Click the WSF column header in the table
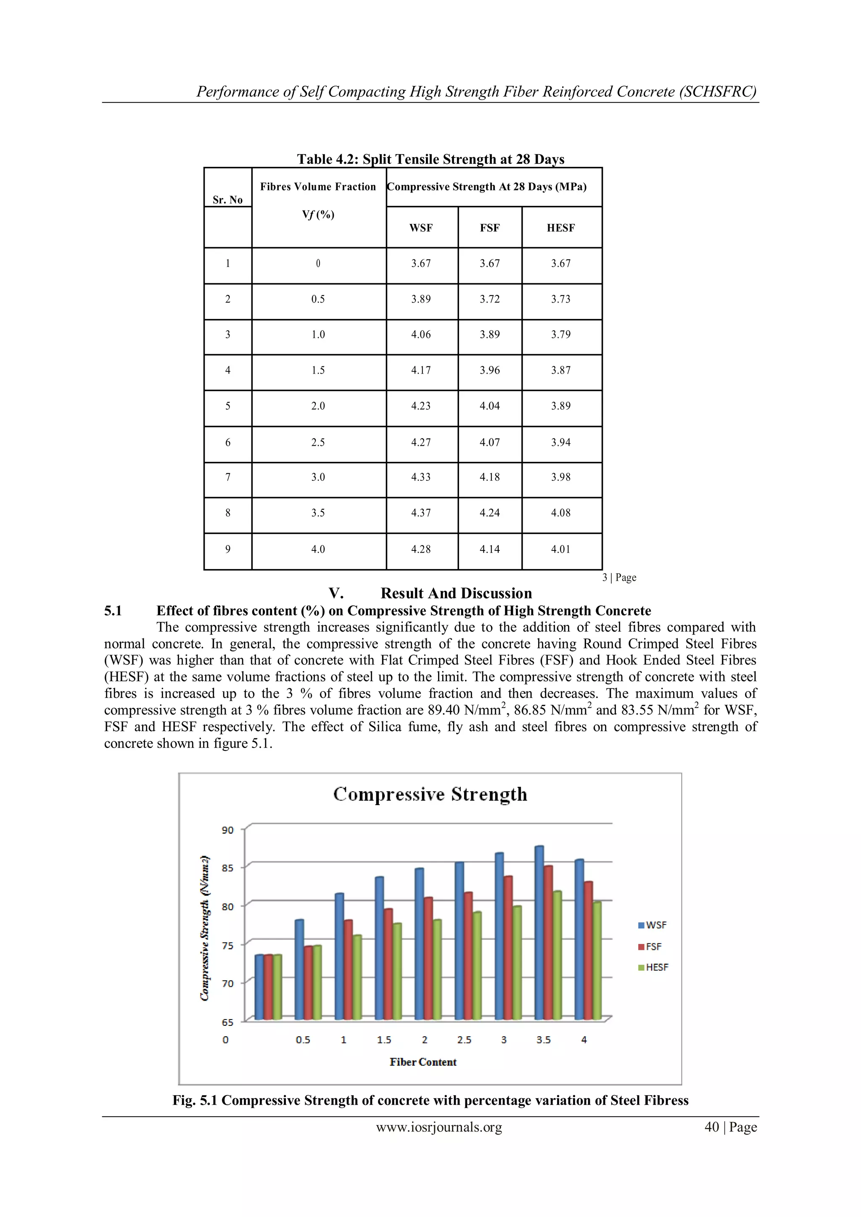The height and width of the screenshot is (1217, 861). coord(421,228)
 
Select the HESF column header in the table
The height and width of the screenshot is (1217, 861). coord(560,228)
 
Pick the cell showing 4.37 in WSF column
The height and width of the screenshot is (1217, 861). coord(421,513)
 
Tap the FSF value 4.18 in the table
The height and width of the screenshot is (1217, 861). coord(489,477)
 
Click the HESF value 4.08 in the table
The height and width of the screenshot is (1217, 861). coord(560,513)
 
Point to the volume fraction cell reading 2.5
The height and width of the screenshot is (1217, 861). coord(318,443)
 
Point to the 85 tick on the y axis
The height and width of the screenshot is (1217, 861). coord(227,868)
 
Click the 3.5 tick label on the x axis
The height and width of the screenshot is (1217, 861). coord(544,1040)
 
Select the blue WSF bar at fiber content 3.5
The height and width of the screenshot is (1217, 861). coord(539,933)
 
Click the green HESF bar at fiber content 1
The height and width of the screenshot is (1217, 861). coord(357,978)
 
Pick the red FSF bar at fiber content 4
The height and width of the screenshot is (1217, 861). coord(589,951)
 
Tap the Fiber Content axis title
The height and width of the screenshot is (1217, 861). coord(423,1062)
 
